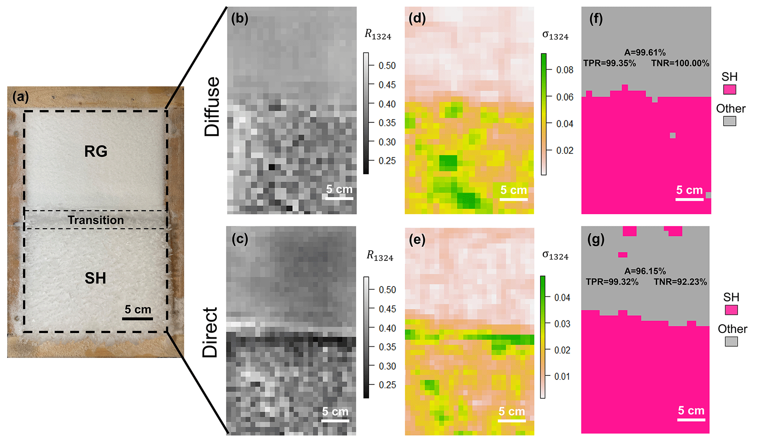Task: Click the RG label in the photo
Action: pyautogui.click(x=96, y=151)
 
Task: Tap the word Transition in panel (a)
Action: pyautogui.click(x=96, y=220)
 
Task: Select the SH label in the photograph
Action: pyautogui.click(x=95, y=278)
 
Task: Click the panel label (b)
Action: pyautogui.click(x=240, y=18)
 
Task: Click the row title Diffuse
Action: pyautogui.click(x=212, y=107)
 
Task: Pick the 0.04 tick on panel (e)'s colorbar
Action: pyautogui.click(x=562, y=297)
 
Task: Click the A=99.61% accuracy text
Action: pyautogui.click(x=645, y=53)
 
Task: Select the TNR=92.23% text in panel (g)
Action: pyautogui.click(x=680, y=282)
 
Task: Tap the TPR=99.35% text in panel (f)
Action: pyautogui.click(x=609, y=63)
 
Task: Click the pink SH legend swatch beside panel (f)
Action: pyautogui.click(x=729, y=90)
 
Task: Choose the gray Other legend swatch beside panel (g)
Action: pyautogui.click(x=731, y=341)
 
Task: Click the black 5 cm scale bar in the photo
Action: pyautogui.click(x=137, y=318)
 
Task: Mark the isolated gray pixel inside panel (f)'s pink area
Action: pyautogui.click(x=673, y=136)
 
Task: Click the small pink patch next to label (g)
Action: pyautogui.click(x=623, y=255)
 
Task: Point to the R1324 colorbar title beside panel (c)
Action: pyautogui.click(x=380, y=256)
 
